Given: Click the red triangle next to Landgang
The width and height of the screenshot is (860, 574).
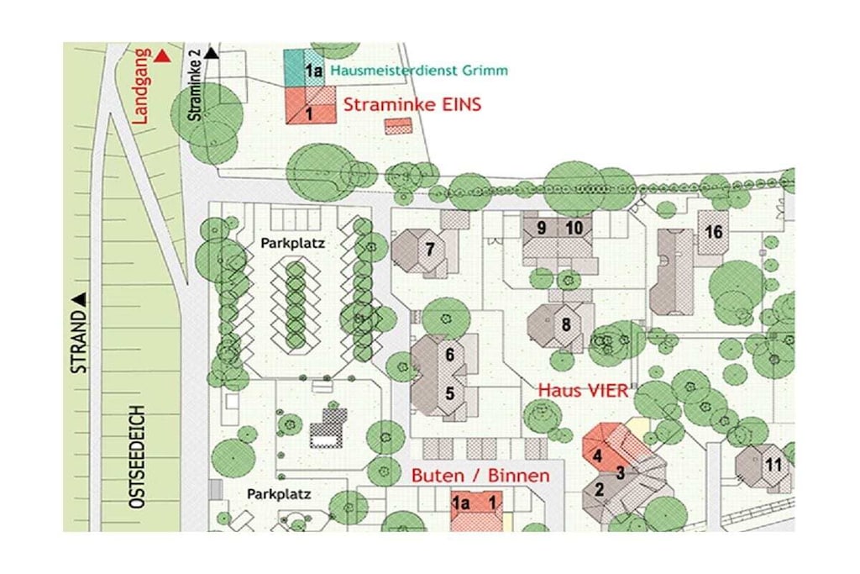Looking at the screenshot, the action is (162, 56).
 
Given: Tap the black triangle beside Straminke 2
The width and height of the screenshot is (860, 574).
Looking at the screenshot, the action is (212, 53).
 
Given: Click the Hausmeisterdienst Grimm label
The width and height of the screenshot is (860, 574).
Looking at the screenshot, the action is (419, 71).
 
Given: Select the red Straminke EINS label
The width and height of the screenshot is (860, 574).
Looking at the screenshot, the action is (412, 104).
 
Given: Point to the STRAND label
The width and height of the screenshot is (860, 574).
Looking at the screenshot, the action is (79, 342).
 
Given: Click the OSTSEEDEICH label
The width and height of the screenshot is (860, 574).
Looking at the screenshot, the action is (137, 456).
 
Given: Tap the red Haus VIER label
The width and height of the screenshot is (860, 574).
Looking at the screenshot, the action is (583, 390).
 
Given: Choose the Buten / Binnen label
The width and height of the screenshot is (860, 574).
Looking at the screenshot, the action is (480, 475).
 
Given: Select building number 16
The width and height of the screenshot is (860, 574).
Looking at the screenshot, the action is (714, 232).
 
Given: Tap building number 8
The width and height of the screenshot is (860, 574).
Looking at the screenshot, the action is (560, 325).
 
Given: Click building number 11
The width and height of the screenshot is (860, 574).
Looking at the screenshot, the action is (764, 466).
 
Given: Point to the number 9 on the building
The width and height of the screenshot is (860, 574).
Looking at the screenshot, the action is (542, 228).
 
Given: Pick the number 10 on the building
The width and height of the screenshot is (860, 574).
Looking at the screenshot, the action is (574, 228).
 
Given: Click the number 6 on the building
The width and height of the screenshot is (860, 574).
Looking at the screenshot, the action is (450, 355).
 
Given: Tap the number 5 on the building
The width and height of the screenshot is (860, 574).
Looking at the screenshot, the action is (450, 393).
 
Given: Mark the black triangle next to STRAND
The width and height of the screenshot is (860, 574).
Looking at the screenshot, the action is (80, 300).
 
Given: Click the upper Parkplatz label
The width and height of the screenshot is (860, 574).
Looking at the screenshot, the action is (292, 243).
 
